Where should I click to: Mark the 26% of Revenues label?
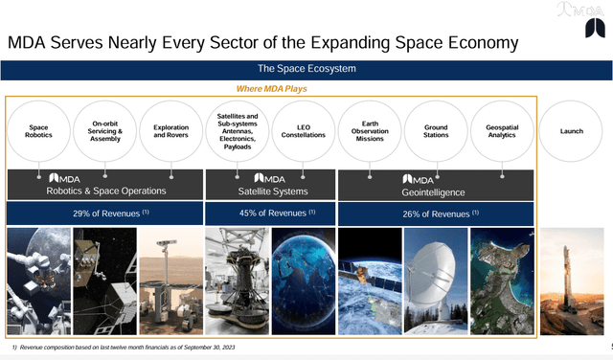pyautogui.click(x=435, y=213)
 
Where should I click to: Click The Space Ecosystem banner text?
pyautogui.click(x=306, y=69)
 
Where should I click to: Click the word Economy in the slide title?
pyautogui.click(x=468, y=43)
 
